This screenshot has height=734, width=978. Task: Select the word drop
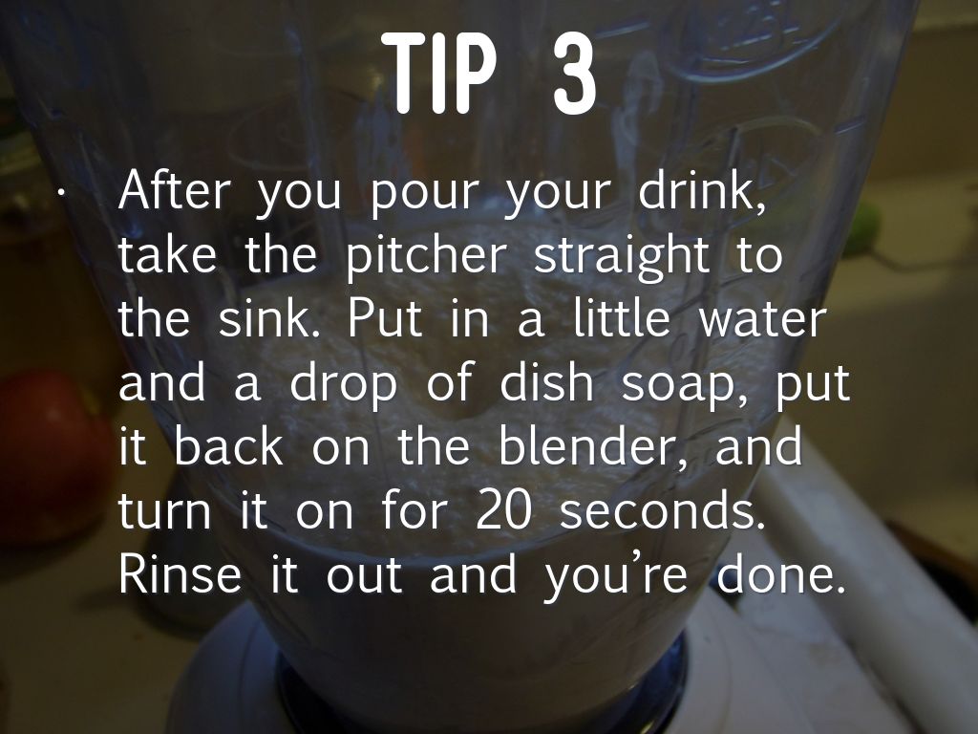pyautogui.click(x=343, y=386)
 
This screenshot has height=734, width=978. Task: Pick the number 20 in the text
pyautogui.click(x=504, y=509)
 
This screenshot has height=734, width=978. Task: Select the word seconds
pyautogui.click(x=663, y=508)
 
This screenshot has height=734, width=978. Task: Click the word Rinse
pyautogui.click(x=180, y=573)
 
